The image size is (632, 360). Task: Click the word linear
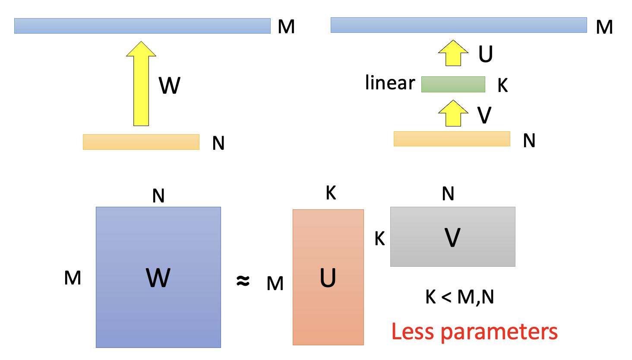(x=390, y=83)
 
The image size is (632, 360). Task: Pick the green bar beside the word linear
(x=453, y=84)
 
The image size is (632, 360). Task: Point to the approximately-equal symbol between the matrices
(x=243, y=281)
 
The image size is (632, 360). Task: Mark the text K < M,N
(x=459, y=297)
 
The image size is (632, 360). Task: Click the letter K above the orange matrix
(x=331, y=193)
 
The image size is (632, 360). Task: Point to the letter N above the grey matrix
(x=448, y=194)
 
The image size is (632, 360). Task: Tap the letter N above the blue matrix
(x=158, y=196)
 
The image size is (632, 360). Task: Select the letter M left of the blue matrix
(x=73, y=278)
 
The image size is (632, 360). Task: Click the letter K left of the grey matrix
(x=379, y=238)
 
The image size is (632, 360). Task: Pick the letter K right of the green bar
(x=502, y=85)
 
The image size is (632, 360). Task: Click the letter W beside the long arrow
(x=169, y=85)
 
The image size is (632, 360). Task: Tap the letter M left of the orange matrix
(x=275, y=284)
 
